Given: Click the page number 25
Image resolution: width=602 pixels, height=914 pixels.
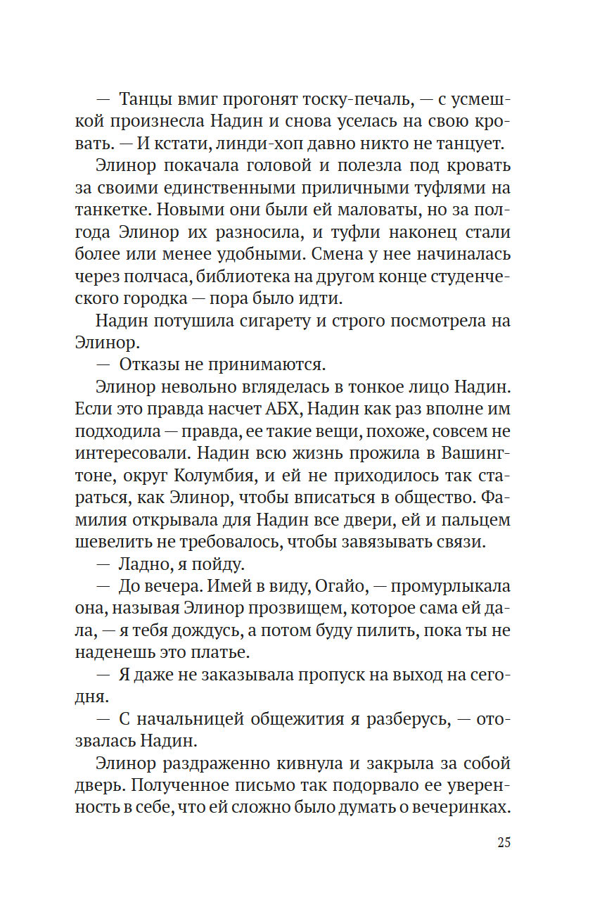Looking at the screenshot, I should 503,843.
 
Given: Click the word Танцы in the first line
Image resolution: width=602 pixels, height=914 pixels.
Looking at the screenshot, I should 143,99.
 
